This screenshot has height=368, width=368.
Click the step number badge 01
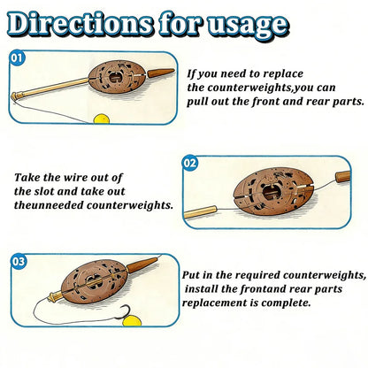17,58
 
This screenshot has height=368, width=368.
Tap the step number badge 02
190,164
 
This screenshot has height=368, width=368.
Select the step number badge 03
19,261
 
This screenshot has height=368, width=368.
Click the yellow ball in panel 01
102,119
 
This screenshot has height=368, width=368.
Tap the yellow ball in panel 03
132,320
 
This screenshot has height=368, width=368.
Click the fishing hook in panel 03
123,312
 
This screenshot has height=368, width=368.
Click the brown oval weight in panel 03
94,281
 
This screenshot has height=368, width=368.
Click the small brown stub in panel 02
343,176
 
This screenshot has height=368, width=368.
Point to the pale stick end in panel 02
200,212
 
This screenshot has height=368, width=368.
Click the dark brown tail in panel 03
142,265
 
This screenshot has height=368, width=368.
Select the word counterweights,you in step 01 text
272,88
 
